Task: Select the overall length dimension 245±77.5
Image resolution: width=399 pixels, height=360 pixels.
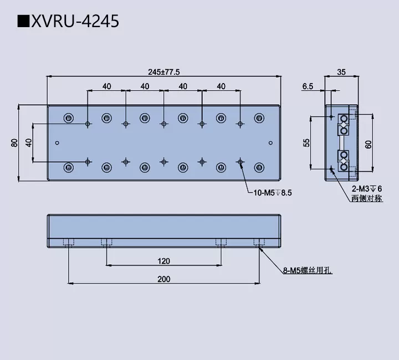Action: click(x=164, y=71)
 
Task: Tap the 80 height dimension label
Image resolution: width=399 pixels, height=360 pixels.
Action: click(x=14, y=142)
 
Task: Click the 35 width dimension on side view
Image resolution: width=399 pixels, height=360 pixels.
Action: click(x=341, y=71)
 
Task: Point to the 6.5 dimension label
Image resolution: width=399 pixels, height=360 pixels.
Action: click(x=308, y=86)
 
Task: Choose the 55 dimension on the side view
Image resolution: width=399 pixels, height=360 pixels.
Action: click(x=306, y=142)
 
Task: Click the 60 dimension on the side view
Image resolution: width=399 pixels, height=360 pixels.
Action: click(x=369, y=143)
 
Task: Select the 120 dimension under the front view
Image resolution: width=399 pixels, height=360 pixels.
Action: click(x=163, y=261)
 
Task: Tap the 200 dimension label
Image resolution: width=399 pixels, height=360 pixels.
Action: click(x=163, y=279)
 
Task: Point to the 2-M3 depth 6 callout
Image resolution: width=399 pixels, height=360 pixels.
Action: click(x=366, y=189)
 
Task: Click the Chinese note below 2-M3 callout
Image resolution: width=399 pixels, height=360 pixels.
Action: click(x=366, y=198)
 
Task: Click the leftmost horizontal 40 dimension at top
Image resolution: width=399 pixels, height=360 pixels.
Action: click(x=107, y=86)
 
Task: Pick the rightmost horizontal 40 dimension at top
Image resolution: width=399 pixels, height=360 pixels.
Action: click(x=221, y=86)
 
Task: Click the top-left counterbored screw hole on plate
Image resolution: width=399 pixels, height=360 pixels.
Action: click(x=69, y=117)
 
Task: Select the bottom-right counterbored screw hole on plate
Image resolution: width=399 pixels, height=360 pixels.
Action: click(x=259, y=167)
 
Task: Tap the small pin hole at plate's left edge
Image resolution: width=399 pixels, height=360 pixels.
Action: click(x=57, y=142)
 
